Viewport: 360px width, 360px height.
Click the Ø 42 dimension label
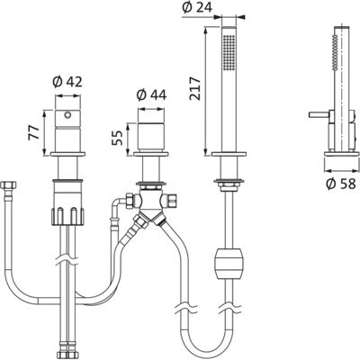tap(67, 82)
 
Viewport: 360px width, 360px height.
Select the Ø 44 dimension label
tap(151, 95)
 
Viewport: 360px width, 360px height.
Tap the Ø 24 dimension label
tap(197, 7)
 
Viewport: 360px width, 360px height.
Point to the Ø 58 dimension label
tap(341, 184)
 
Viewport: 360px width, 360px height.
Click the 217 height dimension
tap(195, 89)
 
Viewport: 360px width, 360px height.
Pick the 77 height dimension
tap(33, 132)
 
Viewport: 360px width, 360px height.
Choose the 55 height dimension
tap(117, 138)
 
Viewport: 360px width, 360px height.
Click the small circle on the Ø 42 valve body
tap(67, 114)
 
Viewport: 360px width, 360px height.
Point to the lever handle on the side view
tap(319, 115)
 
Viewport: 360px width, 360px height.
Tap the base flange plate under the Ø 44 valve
tap(151, 154)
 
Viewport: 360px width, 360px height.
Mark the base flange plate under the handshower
tap(229, 154)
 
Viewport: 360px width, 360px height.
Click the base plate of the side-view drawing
tap(342, 154)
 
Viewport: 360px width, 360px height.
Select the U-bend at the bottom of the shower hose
tap(207, 346)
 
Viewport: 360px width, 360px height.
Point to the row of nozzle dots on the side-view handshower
tap(335, 52)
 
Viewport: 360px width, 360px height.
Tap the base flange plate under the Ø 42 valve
tap(67, 154)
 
